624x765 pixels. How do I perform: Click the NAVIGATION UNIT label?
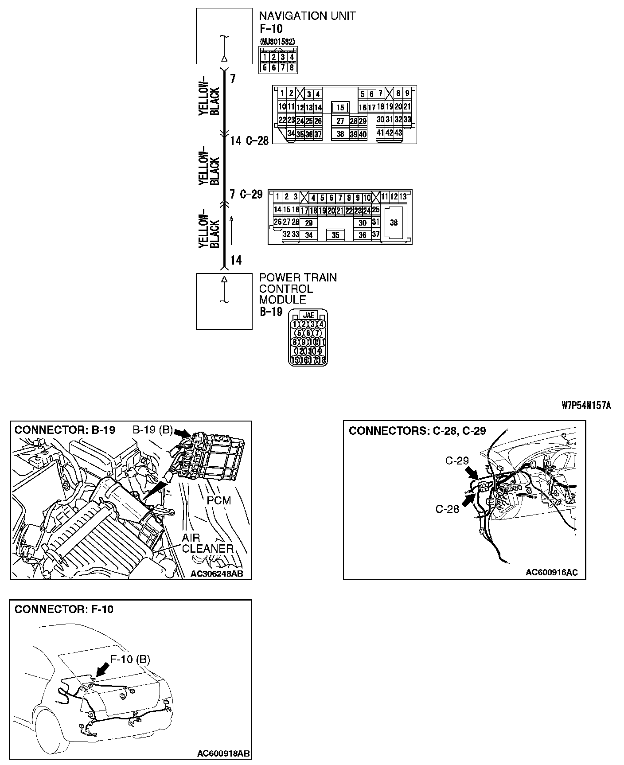click(307, 16)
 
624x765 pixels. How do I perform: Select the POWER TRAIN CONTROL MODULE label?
click(298, 289)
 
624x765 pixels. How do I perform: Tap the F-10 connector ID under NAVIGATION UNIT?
click(271, 29)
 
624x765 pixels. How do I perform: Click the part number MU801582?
click(278, 41)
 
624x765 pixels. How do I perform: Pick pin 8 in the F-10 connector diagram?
click(291, 67)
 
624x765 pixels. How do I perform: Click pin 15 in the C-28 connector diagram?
click(340, 108)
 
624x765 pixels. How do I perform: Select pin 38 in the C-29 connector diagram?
click(394, 223)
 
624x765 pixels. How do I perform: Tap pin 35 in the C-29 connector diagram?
click(335, 235)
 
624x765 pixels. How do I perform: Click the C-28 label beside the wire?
click(257, 141)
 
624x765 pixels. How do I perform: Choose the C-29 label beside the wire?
click(251, 194)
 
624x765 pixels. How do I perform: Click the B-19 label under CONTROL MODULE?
click(271, 312)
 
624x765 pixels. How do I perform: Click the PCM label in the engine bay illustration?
click(219, 500)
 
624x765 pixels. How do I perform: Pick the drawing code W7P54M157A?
click(586, 406)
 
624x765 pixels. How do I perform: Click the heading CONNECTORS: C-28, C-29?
click(417, 431)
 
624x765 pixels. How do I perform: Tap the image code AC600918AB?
click(223, 753)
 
